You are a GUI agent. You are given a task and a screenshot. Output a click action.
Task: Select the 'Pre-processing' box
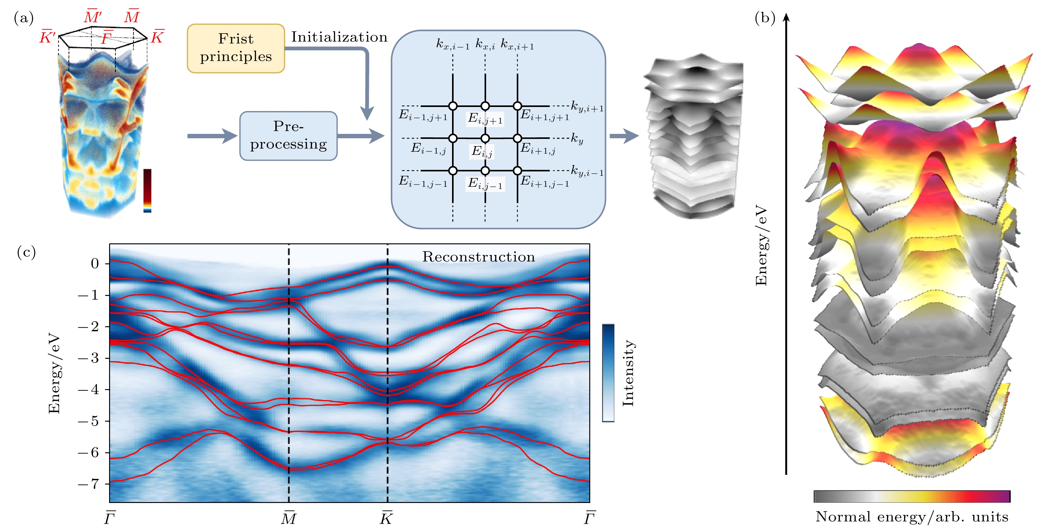click(x=288, y=136)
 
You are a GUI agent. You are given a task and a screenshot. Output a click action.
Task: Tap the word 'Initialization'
click(x=339, y=37)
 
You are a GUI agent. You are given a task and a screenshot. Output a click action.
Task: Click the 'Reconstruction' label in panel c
click(x=478, y=257)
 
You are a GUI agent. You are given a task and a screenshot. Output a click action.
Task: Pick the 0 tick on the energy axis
click(x=95, y=264)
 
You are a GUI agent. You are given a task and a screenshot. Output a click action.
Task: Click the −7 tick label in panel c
click(x=89, y=484)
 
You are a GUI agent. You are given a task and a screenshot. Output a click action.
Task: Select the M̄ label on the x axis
click(x=289, y=518)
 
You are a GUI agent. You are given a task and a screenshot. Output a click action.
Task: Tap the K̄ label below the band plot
click(x=387, y=518)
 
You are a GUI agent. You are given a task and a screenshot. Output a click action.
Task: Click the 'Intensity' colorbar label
click(x=628, y=373)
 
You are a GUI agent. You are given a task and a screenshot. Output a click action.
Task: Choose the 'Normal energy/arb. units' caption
click(x=912, y=517)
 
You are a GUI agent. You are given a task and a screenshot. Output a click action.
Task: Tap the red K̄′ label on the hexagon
click(x=47, y=37)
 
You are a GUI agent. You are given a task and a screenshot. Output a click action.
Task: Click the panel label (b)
click(x=765, y=18)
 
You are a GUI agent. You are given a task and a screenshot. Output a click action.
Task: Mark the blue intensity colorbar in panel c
click(x=608, y=373)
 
